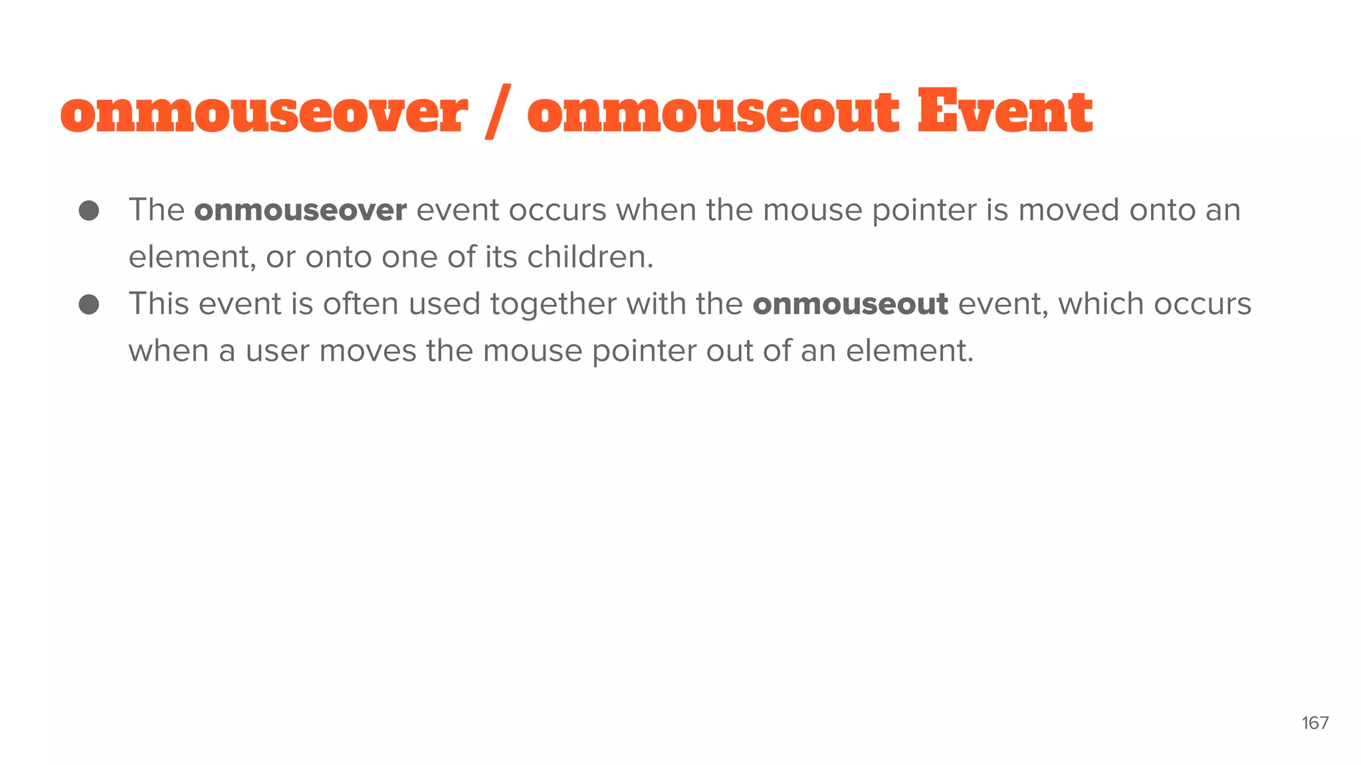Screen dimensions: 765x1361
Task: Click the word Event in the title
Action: pyautogui.click(x=1005, y=112)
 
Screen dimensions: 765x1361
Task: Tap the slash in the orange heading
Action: pyautogui.click(x=498, y=112)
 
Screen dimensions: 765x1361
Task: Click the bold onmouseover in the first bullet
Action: pyautogui.click(x=300, y=211)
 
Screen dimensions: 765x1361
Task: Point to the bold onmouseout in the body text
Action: pyautogui.click(x=850, y=305)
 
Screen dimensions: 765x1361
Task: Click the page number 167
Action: pyautogui.click(x=1314, y=722)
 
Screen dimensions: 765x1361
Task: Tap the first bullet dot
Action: pyautogui.click(x=89, y=211)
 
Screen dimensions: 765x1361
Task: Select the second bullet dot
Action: pyautogui.click(x=89, y=305)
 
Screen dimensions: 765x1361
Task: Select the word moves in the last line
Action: pyautogui.click(x=367, y=351)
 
